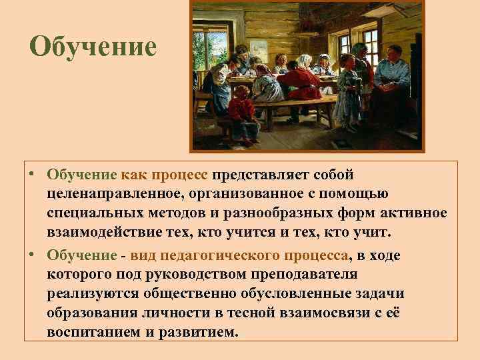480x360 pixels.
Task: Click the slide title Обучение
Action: [x=93, y=47]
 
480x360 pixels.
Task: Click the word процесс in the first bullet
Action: [x=180, y=175]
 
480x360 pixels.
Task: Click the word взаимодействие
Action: [x=109, y=231]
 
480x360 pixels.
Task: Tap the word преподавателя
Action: [x=307, y=274]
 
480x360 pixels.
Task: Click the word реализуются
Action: [x=89, y=293]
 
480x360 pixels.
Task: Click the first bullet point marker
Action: [x=31, y=175]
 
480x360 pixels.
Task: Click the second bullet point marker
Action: [x=31, y=256]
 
